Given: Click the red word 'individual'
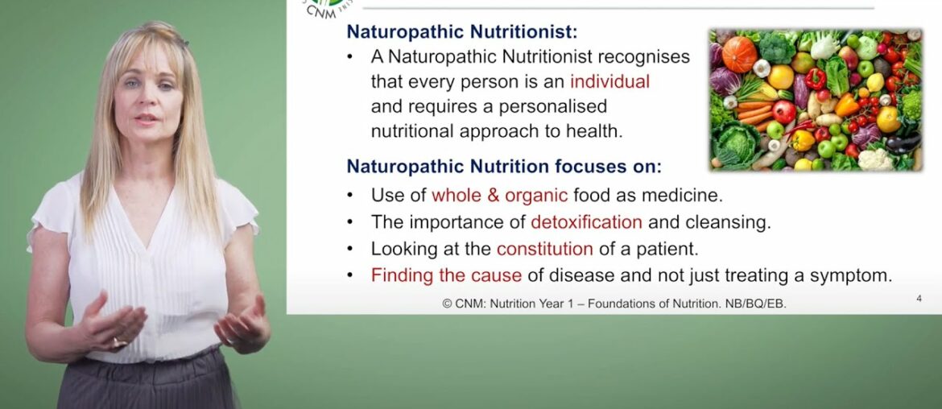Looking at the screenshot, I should point(609,81).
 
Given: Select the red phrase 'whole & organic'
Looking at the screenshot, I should point(500,195).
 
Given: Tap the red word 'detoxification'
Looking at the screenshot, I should point(586,221).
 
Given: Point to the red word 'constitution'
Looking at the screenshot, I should point(544,249).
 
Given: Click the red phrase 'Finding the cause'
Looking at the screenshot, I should point(446,275).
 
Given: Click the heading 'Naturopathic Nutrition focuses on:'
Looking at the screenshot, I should point(504,167).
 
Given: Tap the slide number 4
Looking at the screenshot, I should point(919,299).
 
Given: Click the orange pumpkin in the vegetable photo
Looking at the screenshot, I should point(739,55).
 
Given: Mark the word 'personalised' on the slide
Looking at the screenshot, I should point(555,106).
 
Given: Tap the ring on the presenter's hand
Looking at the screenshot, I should point(118,342).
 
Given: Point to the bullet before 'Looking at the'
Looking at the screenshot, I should point(349,250).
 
